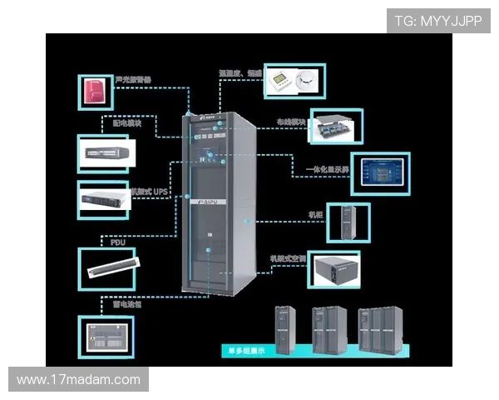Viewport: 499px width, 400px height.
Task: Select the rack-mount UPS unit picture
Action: [x=103, y=200]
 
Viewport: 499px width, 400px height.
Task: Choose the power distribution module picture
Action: [x=105, y=154]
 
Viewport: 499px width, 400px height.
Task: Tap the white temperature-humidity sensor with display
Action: [x=279, y=81]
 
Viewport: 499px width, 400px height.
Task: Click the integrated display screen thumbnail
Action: [x=379, y=172]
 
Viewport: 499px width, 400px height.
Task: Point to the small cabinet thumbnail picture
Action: [x=348, y=222]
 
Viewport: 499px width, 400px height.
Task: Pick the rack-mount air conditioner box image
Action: [x=333, y=271]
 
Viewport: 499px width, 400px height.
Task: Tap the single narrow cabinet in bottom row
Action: [x=285, y=329]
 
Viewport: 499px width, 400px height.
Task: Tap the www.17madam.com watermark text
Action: [x=78, y=380]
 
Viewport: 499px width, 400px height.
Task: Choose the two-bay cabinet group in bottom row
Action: [x=329, y=328]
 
